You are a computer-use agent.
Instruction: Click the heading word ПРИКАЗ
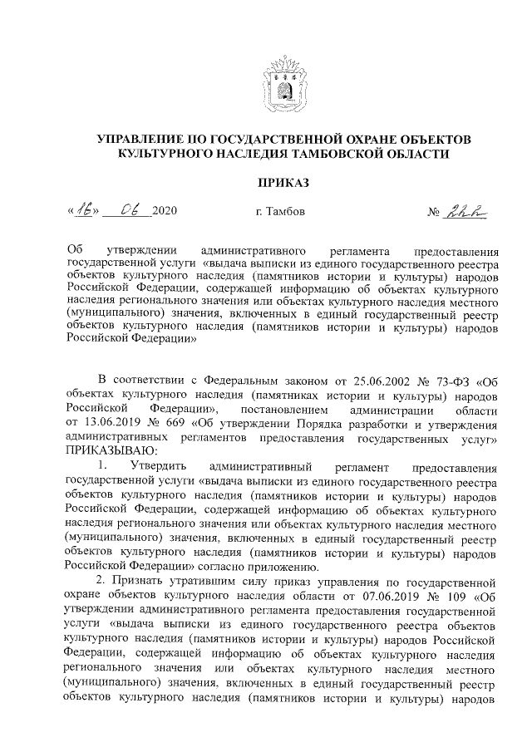(283, 182)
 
